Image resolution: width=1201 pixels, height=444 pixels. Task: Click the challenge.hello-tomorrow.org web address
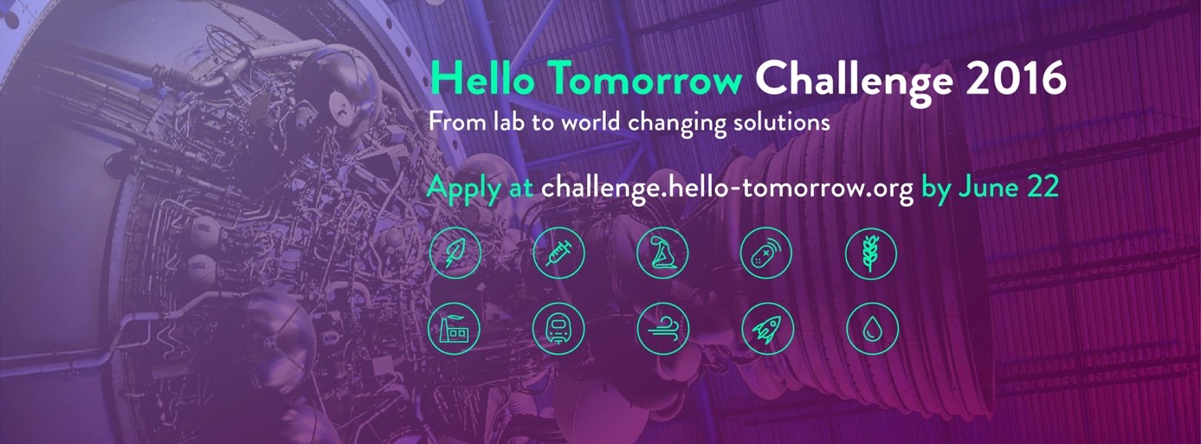[x=727, y=188]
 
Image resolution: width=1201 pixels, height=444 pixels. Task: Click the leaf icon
[x=455, y=253]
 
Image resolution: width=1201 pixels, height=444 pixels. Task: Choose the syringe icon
[x=559, y=253]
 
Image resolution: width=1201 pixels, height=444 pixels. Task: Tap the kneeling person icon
[x=662, y=253]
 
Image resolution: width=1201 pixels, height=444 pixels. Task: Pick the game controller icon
[x=765, y=253]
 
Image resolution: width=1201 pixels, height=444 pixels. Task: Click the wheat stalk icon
[x=871, y=254]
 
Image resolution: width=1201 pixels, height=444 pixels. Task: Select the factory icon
[x=454, y=329]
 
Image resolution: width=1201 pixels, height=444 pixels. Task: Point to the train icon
[x=559, y=329]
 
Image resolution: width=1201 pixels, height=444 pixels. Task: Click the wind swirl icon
[x=662, y=329]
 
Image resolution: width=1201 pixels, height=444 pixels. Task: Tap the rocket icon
[x=767, y=329]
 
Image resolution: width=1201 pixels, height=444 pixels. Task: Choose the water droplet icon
[x=872, y=329]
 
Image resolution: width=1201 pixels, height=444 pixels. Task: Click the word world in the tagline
[x=591, y=122]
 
